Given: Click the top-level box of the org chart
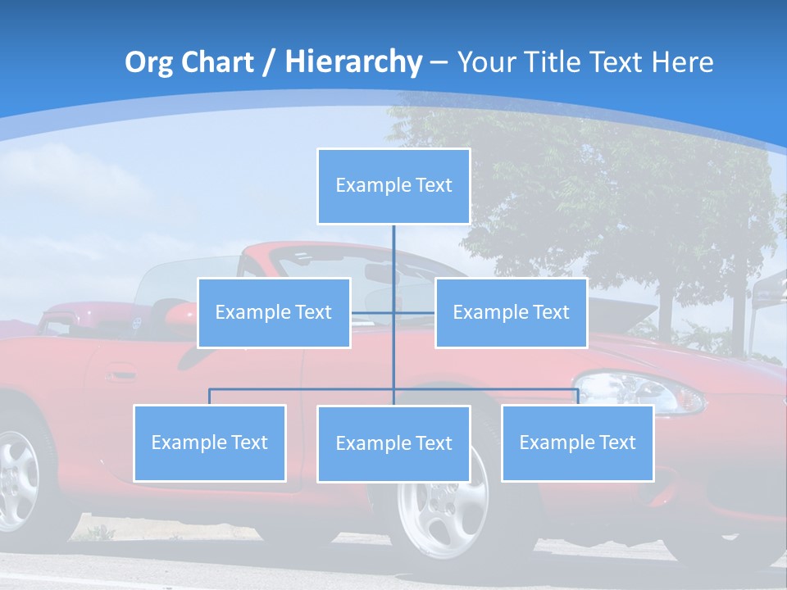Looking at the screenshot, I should tap(393, 186).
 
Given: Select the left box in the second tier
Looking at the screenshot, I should tap(274, 312).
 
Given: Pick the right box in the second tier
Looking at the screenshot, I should tap(511, 312).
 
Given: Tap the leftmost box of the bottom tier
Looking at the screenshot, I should tap(210, 442).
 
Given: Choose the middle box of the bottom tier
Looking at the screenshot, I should tap(393, 443).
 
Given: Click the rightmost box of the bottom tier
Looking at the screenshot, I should tap(577, 442).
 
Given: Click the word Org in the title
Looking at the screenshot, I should tap(148, 62).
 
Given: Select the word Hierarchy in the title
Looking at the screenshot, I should tap(353, 62).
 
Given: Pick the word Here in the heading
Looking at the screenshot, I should tap(682, 62).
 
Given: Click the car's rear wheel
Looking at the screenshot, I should tap(16, 479).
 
